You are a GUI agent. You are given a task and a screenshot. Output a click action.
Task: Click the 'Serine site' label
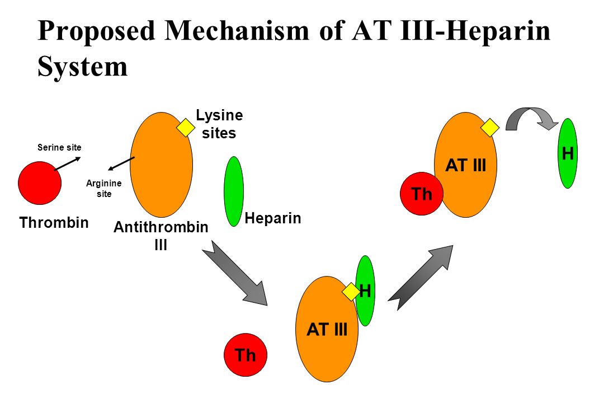pos(59,148)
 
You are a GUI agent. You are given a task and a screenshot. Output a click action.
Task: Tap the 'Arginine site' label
pos(100,189)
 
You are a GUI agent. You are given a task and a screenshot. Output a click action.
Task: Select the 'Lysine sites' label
pos(219,124)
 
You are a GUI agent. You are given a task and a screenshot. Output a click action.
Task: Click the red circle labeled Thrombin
pos(40,183)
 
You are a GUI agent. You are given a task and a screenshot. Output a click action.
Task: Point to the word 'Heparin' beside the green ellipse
pos(273,218)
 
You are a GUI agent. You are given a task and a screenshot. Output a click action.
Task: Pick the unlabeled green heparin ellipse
pos(234,191)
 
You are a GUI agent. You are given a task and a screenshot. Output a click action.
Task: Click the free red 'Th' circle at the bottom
pos(246,355)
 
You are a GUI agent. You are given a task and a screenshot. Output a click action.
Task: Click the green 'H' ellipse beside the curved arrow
pos(568,153)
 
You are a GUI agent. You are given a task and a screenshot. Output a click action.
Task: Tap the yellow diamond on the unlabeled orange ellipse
pos(186,128)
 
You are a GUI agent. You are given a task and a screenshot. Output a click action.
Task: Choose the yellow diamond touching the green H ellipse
pos(351,292)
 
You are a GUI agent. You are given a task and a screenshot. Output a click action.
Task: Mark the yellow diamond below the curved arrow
pos(490,128)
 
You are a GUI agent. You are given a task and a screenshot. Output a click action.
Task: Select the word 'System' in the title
pos(83,66)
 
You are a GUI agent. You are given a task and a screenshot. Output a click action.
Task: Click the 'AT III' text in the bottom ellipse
pos(327,330)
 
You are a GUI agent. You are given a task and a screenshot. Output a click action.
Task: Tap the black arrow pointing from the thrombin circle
pos(67,163)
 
